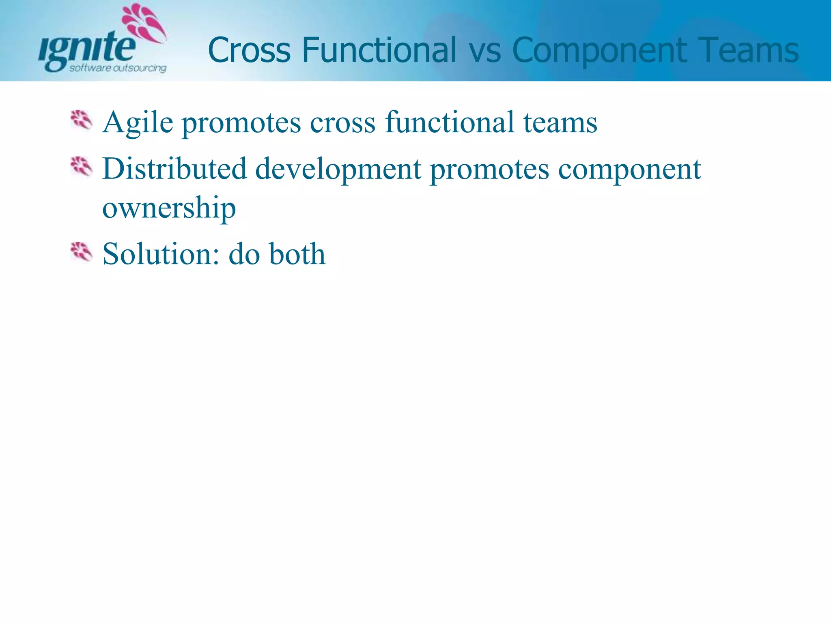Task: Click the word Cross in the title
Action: (249, 50)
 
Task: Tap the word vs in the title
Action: (484, 51)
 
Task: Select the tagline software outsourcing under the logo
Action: (118, 68)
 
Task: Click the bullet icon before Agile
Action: (81, 120)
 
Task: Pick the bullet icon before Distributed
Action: (81, 167)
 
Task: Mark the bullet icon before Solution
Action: (81, 252)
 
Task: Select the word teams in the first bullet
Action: (560, 122)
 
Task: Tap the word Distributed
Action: (174, 169)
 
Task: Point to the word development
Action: (338, 170)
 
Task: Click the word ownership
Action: (169, 208)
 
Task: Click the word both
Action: (297, 254)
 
